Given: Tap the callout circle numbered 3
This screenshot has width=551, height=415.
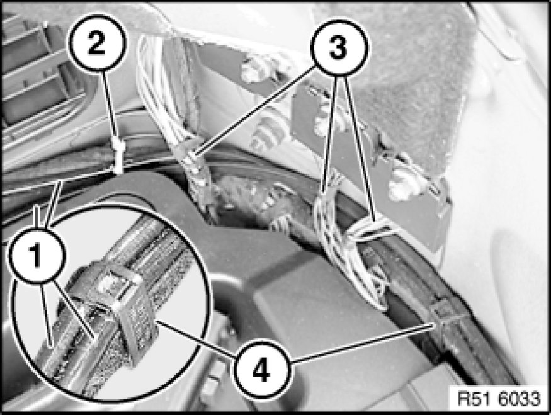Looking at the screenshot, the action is pyautogui.click(x=338, y=48).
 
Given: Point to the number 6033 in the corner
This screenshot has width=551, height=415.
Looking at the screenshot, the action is pyautogui.click(x=519, y=399).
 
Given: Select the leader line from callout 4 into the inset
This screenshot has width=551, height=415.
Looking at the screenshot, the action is pyautogui.click(x=195, y=338).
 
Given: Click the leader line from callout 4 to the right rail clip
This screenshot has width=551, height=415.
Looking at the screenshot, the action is pyautogui.click(x=362, y=343).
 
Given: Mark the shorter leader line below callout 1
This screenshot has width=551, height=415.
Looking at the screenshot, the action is pyautogui.click(x=47, y=314).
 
